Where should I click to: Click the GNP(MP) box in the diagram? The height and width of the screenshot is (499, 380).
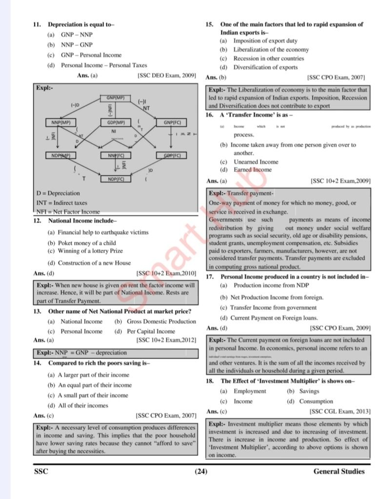(x=116, y=98)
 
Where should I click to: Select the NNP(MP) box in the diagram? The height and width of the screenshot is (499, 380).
(x=60, y=122)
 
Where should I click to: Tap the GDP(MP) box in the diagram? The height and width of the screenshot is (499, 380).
(x=116, y=122)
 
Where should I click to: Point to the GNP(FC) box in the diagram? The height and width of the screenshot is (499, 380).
(x=172, y=122)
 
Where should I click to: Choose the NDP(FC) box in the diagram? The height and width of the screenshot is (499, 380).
(x=116, y=179)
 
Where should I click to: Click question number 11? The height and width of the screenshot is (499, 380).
(x=36, y=24)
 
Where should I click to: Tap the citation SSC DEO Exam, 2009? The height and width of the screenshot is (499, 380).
(x=167, y=76)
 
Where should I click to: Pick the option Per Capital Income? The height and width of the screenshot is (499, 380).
(x=151, y=331)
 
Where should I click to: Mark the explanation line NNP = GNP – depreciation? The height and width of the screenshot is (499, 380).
(x=91, y=352)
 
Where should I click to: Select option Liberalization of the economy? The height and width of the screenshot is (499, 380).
(x=271, y=50)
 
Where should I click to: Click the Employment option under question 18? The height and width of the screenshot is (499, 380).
(x=250, y=391)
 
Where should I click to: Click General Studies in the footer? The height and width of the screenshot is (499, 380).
(x=339, y=471)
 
